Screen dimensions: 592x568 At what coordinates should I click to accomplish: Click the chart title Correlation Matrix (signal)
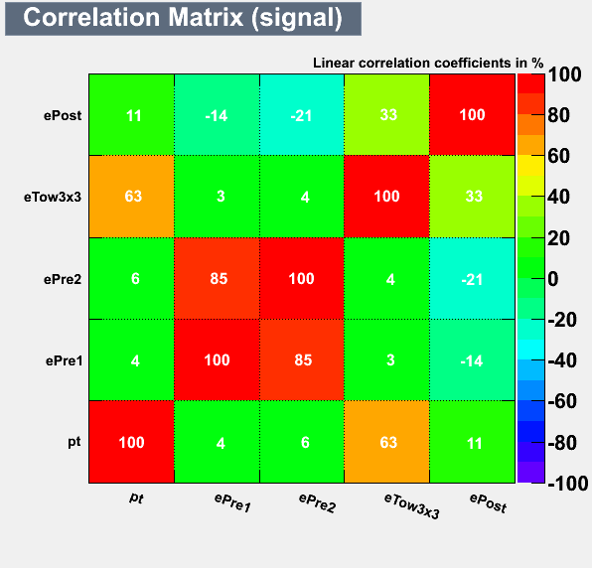pyautogui.click(x=183, y=18)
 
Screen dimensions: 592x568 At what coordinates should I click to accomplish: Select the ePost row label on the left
pyautogui.click(x=63, y=115)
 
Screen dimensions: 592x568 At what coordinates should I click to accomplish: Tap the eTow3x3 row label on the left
pyautogui.click(x=53, y=197)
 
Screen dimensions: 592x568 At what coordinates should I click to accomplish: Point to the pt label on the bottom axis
pyautogui.click(x=136, y=498)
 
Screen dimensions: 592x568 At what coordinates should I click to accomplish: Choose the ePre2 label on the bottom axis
pyautogui.click(x=317, y=502)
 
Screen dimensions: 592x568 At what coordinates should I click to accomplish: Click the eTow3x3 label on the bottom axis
pyautogui.click(x=412, y=506)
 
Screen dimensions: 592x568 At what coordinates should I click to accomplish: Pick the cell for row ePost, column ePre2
pyautogui.click(x=302, y=115)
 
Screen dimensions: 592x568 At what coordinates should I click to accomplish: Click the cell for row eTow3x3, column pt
pyautogui.click(x=132, y=197)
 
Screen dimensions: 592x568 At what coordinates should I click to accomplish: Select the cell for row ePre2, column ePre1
pyautogui.click(x=218, y=278)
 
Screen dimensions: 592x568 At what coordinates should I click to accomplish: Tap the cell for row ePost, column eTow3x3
pyautogui.click(x=387, y=115)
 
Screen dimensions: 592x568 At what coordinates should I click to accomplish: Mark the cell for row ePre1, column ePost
pyautogui.click(x=473, y=360)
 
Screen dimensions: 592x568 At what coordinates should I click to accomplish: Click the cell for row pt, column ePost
pyautogui.click(x=473, y=442)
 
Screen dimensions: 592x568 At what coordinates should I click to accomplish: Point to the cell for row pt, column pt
pyautogui.click(x=132, y=442)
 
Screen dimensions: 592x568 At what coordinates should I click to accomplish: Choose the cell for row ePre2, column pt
pyautogui.click(x=132, y=278)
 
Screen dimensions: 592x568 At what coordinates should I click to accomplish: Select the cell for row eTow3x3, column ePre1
pyautogui.click(x=218, y=197)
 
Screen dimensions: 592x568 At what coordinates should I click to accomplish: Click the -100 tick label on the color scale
pyautogui.click(x=568, y=483)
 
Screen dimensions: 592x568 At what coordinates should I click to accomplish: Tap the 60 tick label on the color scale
pyautogui.click(x=559, y=156)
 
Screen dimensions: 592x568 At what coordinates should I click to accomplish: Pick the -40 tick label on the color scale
pyautogui.click(x=562, y=360)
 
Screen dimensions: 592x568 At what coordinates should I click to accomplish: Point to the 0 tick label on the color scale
pyautogui.click(x=553, y=279)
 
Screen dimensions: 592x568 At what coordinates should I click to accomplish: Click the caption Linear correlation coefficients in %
pyautogui.click(x=428, y=63)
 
